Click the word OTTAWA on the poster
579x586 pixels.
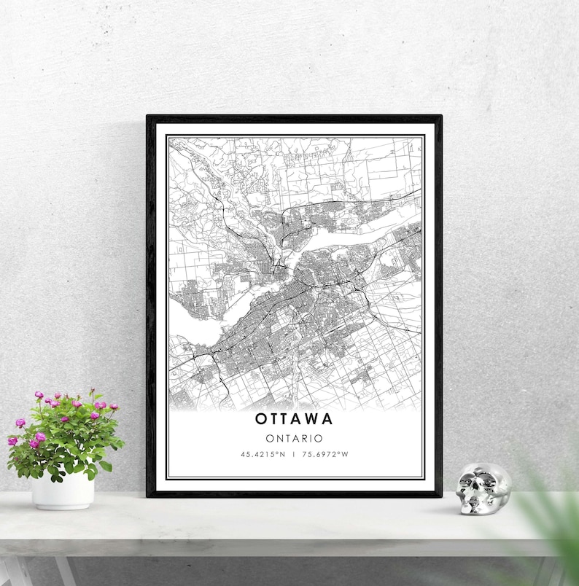[295, 419]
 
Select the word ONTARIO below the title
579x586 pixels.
[295, 438]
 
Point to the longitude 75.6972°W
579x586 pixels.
[326, 455]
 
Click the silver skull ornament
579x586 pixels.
[483, 489]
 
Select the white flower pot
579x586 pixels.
[63, 491]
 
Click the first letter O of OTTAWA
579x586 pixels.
[261, 419]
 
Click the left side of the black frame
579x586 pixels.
[150, 306]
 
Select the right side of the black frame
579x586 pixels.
[438, 306]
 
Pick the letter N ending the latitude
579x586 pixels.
[281, 455]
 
